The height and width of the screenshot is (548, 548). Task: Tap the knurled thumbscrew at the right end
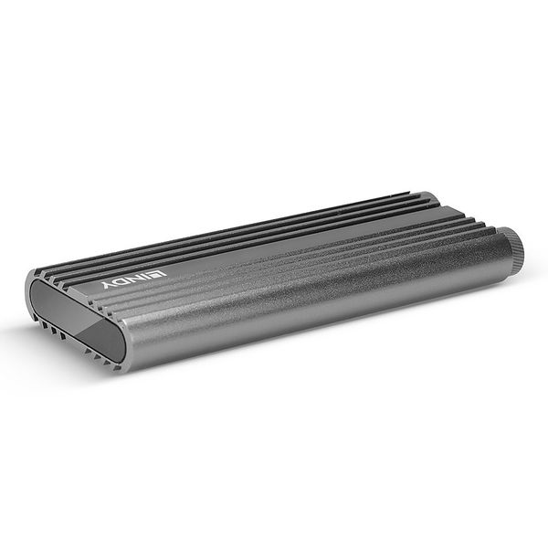[515, 247]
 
